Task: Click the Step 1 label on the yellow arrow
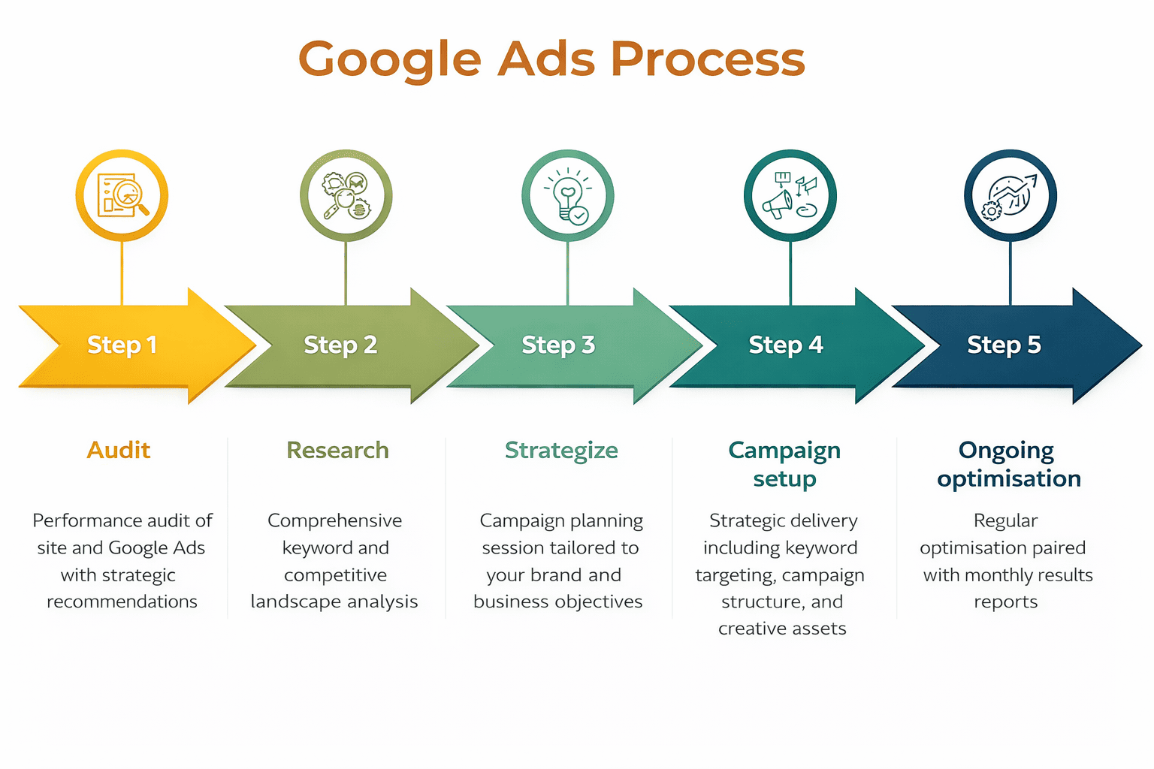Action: [122, 345]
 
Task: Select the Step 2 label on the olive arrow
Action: [340, 345]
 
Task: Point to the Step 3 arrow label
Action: [558, 345]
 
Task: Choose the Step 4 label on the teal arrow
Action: [785, 345]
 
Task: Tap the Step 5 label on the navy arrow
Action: [1004, 345]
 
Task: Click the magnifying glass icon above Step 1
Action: [122, 195]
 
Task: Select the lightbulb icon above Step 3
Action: [568, 196]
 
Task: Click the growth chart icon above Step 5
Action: [1011, 196]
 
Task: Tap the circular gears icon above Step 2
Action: [346, 196]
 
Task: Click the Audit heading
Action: [119, 450]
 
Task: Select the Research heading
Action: [337, 450]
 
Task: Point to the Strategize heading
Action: [561, 451]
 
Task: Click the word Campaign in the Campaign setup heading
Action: [784, 451]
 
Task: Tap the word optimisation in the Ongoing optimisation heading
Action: [1009, 478]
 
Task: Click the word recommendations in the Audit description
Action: [122, 602]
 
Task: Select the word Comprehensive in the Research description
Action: [334, 520]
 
